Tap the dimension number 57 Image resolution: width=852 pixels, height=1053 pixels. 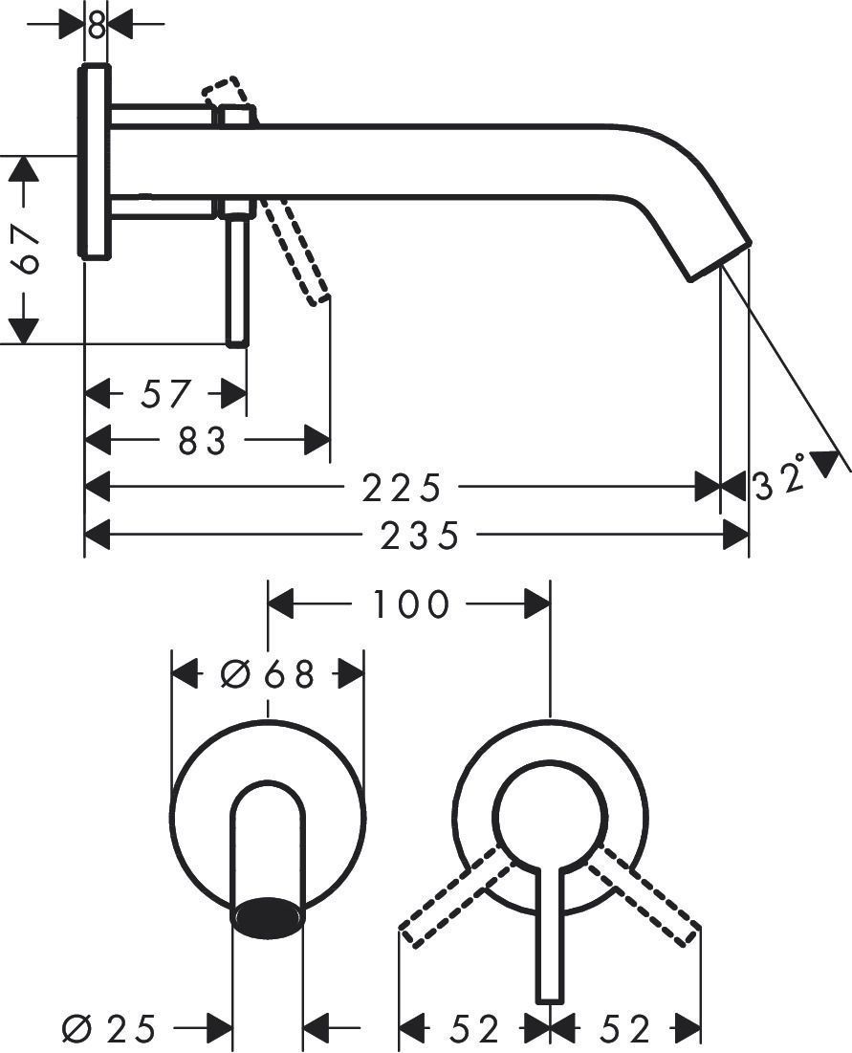[165, 393]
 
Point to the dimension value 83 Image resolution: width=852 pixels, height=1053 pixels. [203, 441]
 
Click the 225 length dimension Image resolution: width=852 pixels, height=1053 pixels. [402, 488]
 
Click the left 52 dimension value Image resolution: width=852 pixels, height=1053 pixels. [474, 1029]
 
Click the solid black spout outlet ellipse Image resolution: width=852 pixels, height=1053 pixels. [268, 915]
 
